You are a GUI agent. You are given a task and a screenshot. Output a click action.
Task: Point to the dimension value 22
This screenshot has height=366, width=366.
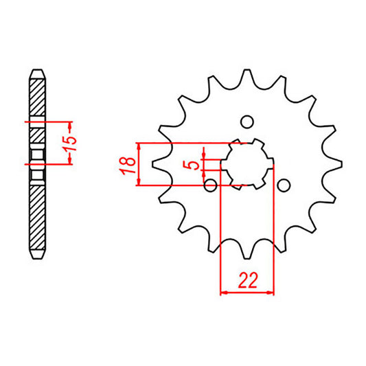(247, 280)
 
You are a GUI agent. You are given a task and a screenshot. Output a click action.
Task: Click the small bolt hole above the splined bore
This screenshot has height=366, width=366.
(247, 122)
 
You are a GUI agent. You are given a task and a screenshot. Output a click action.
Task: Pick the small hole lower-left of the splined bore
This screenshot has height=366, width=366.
(211, 185)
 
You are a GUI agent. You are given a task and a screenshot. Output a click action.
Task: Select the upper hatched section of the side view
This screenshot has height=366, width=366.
(37, 96)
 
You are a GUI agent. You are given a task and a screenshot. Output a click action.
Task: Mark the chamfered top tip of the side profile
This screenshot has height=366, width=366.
(37, 70)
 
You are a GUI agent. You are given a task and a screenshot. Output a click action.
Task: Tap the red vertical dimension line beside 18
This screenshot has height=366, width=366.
(140, 164)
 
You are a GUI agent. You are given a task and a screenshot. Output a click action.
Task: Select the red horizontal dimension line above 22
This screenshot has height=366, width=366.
(247, 293)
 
